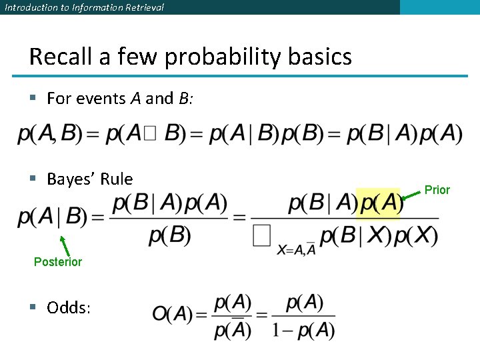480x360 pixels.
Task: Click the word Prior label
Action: pyautogui.click(x=437, y=190)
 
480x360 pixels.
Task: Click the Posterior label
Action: pyautogui.click(x=58, y=262)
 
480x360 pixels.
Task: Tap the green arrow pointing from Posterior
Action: pyautogui.click(x=64, y=243)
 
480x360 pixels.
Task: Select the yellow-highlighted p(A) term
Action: pyautogui.click(x=379, y=204)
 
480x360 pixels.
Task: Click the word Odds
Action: pyautogui.click(x=71, y=307)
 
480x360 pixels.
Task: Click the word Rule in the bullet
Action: pyautogui.click(x=117, y=179)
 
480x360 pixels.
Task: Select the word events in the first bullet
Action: pyautogui.click(x=101, y=99)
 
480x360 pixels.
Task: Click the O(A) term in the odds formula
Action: pyautogui.click(x=172, y=314)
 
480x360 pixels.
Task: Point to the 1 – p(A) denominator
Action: pyautogui.click(x=303, y=329)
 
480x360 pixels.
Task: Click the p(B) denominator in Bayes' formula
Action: pyautogui.click(x=170, y=235)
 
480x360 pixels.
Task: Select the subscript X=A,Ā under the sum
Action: pyautogui.click(x=297, y=249)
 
